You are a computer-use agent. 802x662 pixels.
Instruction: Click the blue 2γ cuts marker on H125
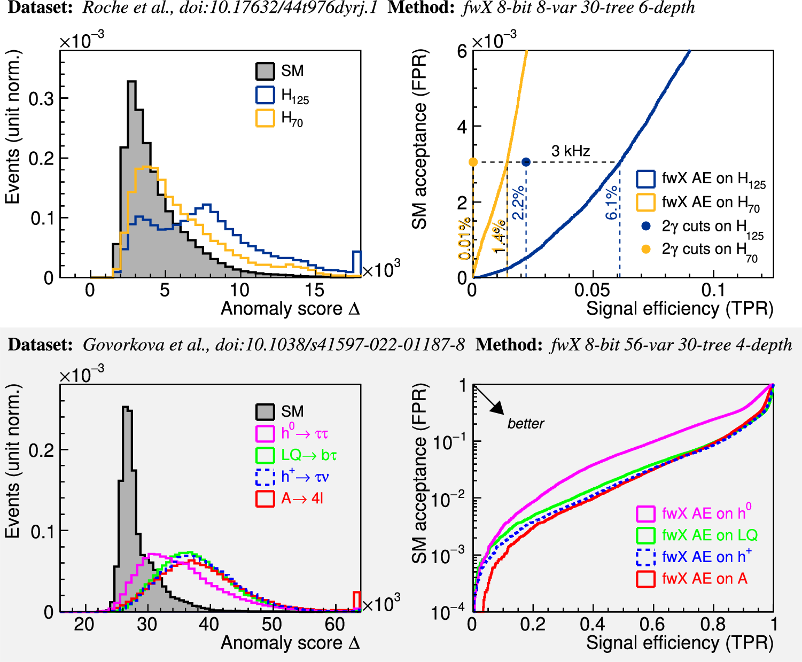(x=526, y=162)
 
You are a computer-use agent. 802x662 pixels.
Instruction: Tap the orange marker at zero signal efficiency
(x=473, y=162)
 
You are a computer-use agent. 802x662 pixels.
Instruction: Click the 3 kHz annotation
(x=571, y=151)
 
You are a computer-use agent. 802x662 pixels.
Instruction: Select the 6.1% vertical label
(x=612, y=203)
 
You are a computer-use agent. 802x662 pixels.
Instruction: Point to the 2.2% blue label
(x=518, y=203)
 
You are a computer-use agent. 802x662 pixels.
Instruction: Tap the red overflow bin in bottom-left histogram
(x=357, y=599)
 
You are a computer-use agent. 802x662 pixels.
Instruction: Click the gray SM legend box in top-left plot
(x=266, y=71)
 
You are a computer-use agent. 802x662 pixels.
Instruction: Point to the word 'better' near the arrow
(x=526, y=424)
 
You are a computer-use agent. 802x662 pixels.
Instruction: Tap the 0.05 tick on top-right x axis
(x=592, y=291)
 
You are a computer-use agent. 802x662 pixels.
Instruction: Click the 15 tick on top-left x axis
(x=315, y=291)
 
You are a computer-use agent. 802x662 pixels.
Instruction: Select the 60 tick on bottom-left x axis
(x=335, y=624)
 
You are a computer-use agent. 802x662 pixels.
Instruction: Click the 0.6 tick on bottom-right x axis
(x=652, y=624)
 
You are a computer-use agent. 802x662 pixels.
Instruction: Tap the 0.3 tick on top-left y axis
(x=41, y=98)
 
